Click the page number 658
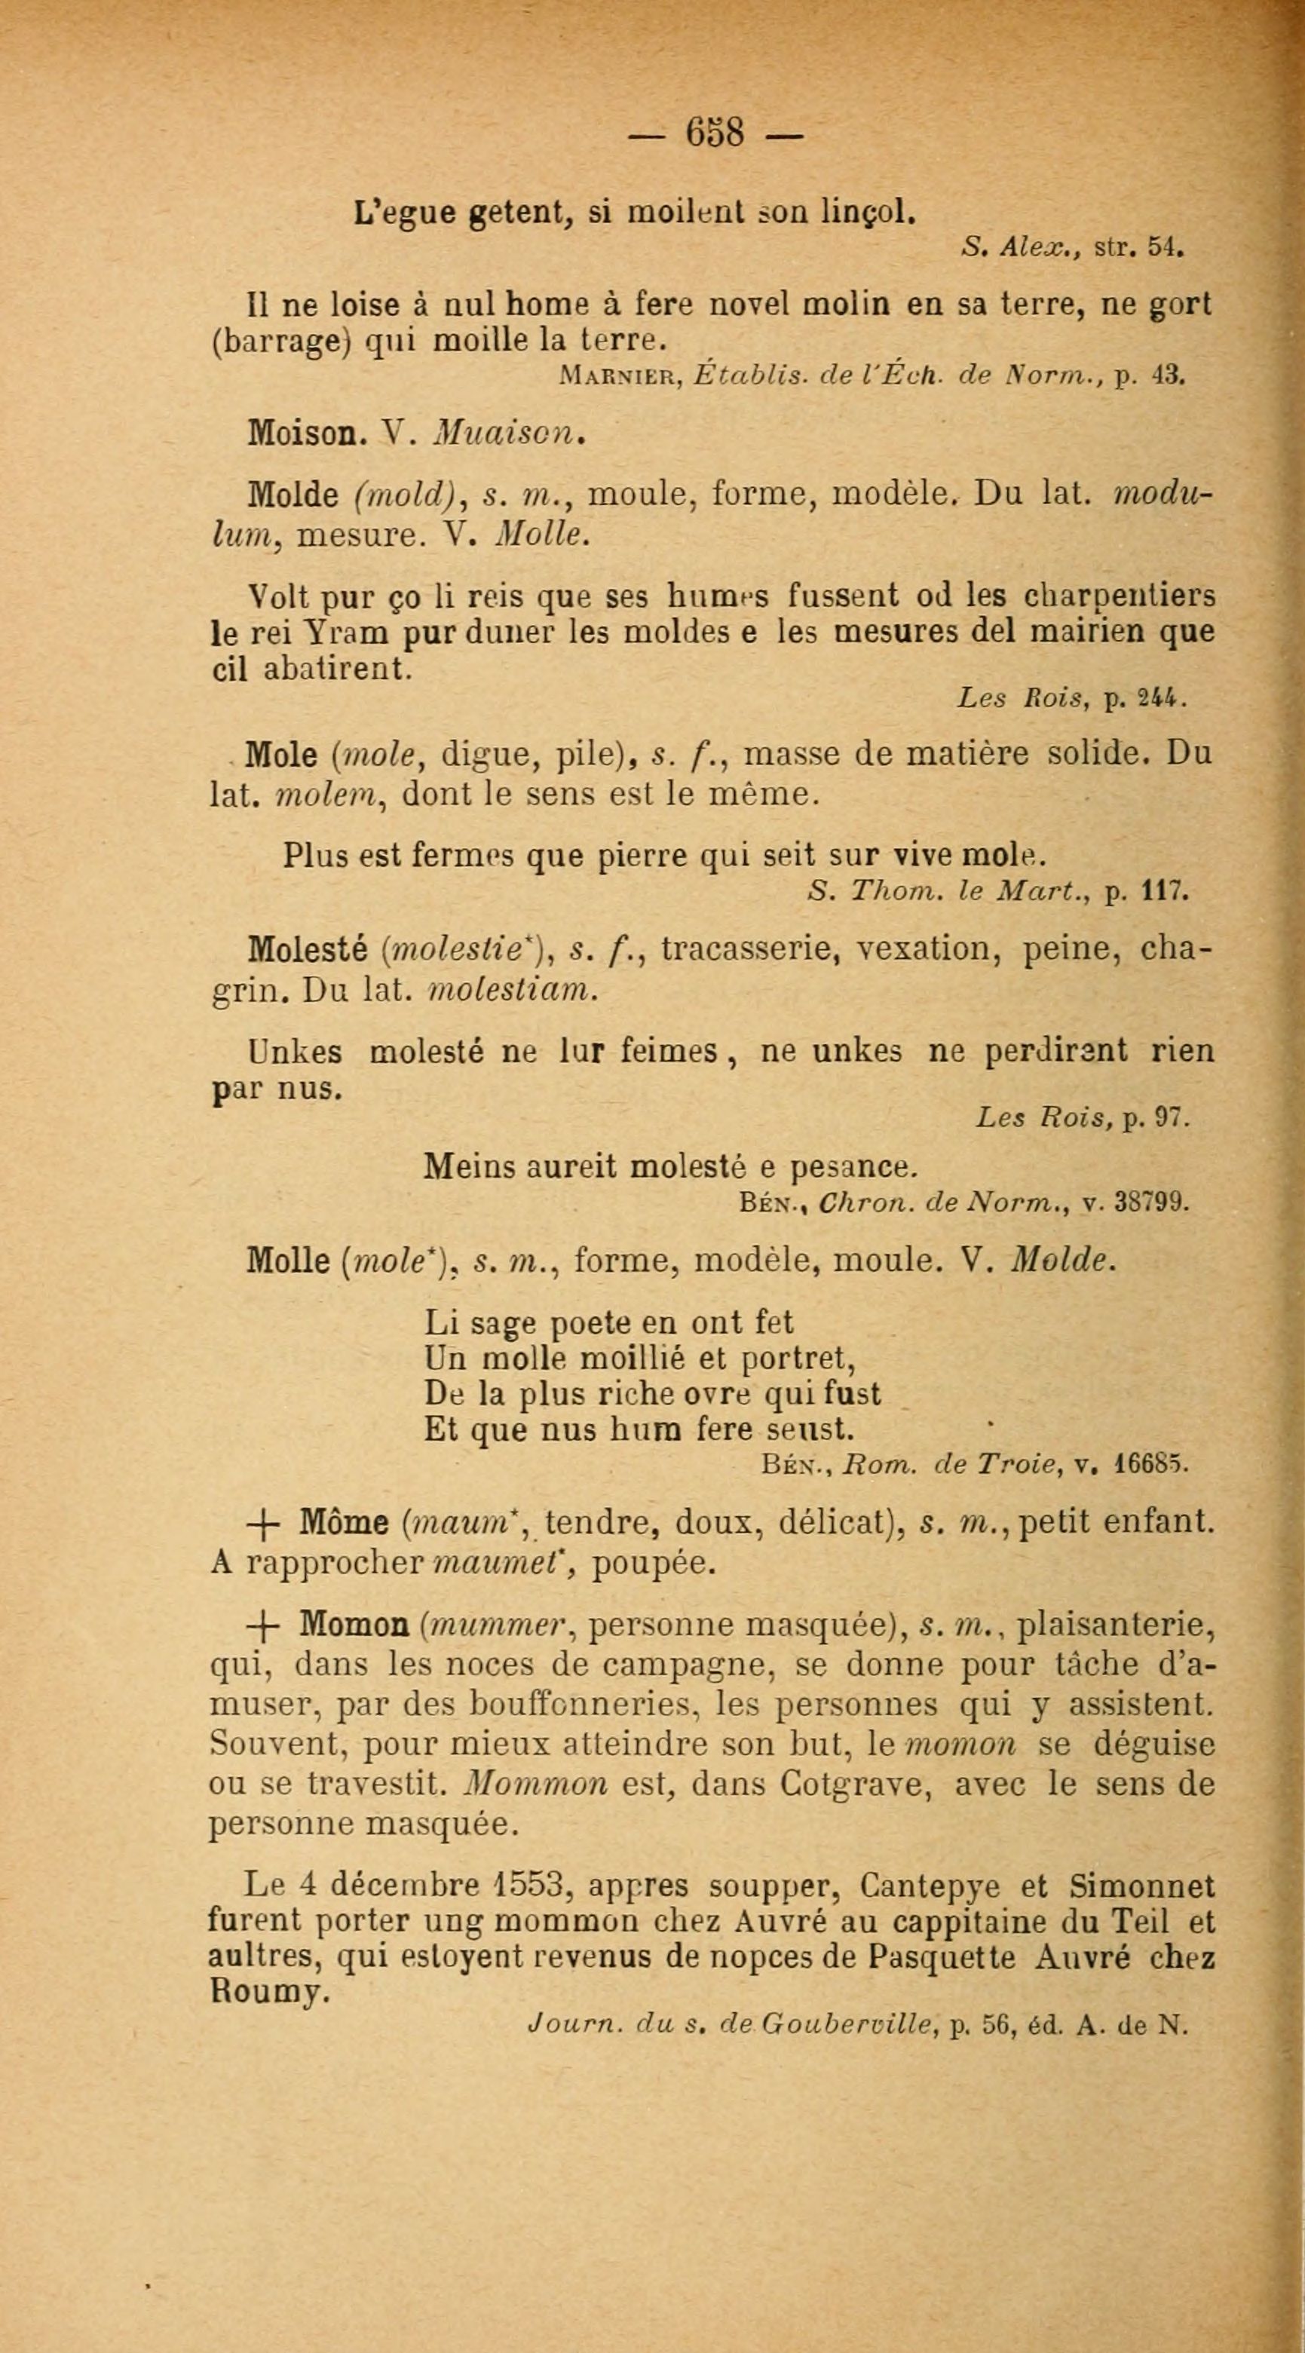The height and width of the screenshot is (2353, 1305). point(716,134)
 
